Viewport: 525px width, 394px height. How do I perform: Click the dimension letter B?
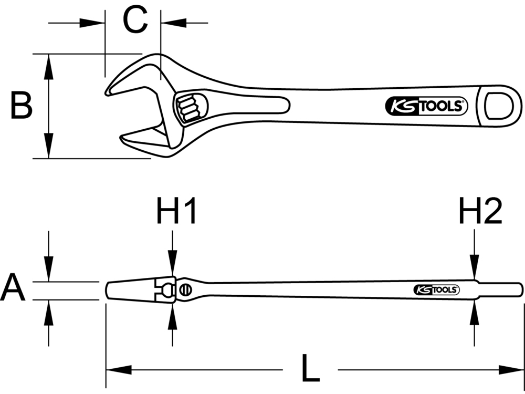22,106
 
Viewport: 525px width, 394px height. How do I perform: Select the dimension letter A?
13,289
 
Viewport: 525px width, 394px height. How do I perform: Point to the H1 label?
176,211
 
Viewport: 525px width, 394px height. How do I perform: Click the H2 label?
480,211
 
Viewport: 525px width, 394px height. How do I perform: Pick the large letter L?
310,369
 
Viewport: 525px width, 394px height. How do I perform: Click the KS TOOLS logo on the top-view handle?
426,107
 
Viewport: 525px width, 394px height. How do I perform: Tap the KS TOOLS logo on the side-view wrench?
436,289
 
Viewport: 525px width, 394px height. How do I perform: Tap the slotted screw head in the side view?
185,289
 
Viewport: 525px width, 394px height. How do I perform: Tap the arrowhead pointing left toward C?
174,23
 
